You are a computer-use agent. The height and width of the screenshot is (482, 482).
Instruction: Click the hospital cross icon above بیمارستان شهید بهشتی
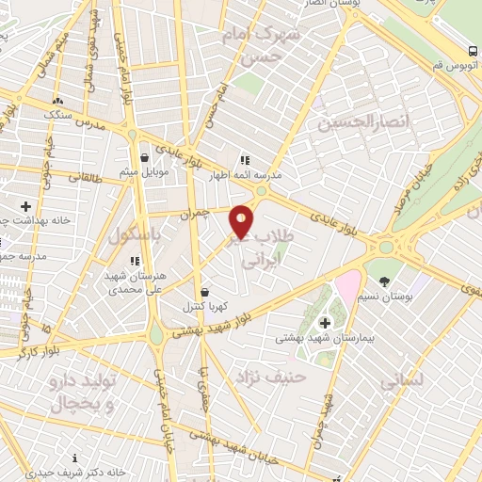coord(325,323)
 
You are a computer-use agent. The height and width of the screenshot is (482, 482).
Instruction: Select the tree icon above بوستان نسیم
coord(384,281)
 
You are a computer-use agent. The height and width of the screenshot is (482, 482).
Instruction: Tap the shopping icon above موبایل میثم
coord(143,157)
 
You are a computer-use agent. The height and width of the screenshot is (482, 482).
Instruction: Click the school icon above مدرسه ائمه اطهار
coord(245,161)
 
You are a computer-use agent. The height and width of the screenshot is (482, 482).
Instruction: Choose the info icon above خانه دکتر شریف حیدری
coord(74,459)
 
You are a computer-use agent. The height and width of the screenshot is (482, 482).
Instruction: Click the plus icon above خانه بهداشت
coord(25,206)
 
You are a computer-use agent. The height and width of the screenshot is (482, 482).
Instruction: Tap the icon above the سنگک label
coord(58,99)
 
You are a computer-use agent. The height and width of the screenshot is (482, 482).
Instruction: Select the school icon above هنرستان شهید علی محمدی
coord(134,261)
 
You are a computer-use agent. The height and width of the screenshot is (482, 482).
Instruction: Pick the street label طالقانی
coord(84,175)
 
